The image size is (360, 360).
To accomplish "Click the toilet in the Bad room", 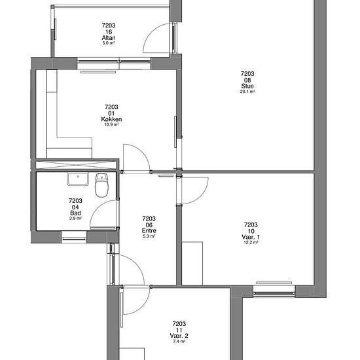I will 101,186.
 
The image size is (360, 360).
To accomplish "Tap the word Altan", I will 109,37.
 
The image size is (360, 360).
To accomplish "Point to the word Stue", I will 247,86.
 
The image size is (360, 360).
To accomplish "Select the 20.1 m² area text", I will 247,92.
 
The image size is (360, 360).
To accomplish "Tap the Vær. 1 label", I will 251,236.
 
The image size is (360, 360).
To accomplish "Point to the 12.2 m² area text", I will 251,242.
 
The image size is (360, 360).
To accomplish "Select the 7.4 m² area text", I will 179,341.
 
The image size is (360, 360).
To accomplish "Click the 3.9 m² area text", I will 75,218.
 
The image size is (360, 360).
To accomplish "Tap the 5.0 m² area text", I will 109,43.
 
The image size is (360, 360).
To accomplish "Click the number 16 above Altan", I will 109,31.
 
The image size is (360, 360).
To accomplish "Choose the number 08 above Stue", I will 247,80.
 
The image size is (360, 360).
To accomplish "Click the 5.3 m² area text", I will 149,236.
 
